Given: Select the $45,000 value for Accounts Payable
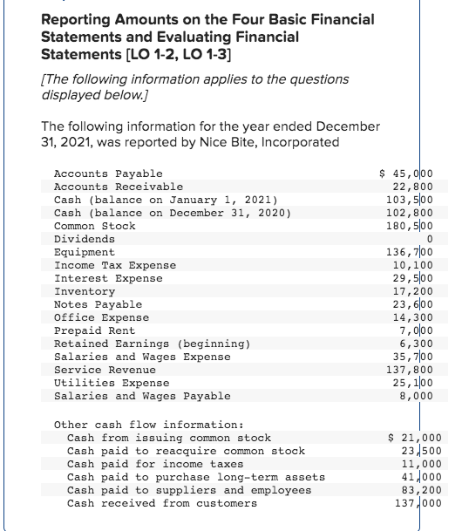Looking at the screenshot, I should (x=413, y=174).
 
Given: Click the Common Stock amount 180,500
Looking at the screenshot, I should (x=416, y=226).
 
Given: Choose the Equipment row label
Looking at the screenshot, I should (x=84, y=252).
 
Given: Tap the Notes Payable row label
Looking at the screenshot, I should (x=98, y=304).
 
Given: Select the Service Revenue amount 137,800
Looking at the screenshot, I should (x=416, y=370).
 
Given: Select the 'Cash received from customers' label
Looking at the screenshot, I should (x=162, y=503).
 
